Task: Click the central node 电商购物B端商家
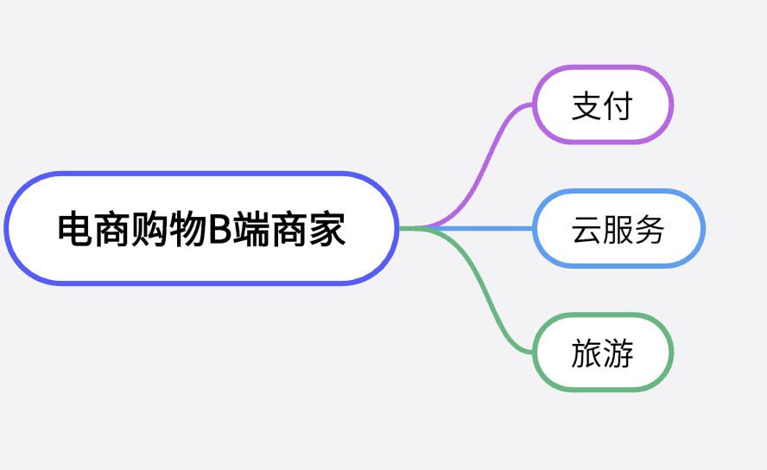pyautogui.click(x=201, y=229)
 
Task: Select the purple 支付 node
pyautogui.click(x=602, y=105)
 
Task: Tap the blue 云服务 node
pyautogui.click(x=618, y=229)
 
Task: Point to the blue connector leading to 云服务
pyautogui.click(x=484, y=229)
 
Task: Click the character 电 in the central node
pyautogui.click(x=74, y=230)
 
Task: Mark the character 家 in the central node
pyautogui.click(x=328, y=230)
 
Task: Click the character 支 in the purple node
pyautogui.click(x=586, y=106)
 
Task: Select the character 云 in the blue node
pyautogui.click(x=586, y=230)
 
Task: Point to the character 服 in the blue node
pyautogui.click(x=618, y=230)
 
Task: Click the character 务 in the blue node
pyautogui.click(x=650, y=230)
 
